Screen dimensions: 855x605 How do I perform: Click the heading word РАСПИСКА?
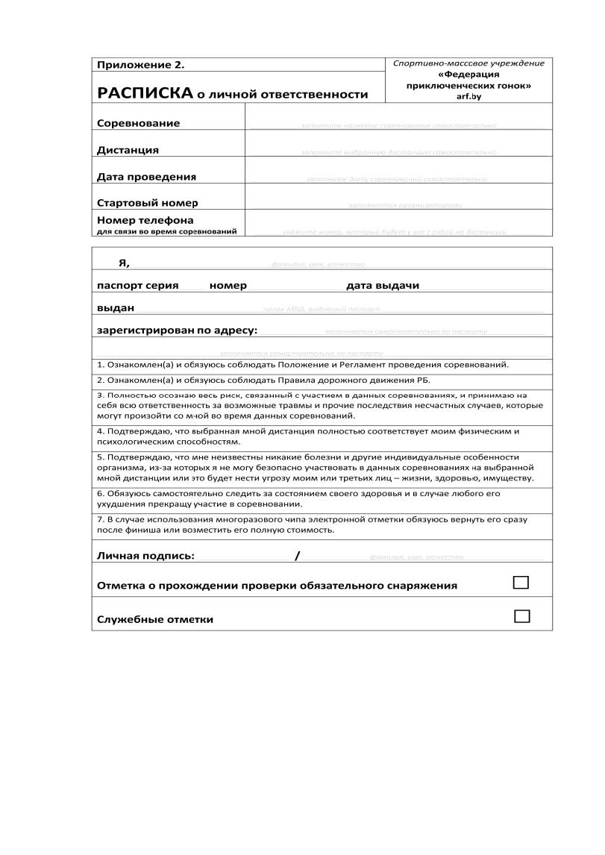point(143,94)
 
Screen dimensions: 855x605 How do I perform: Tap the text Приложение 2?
point(140,65)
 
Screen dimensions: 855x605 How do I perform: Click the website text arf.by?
point(468,96)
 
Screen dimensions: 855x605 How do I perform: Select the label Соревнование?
point(138,123)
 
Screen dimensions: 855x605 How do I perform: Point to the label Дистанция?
point(128,150)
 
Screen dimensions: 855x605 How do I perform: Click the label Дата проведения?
point(146,177)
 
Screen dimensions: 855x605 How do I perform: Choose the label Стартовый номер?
point(147,203)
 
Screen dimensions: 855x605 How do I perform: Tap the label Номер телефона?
point(145,220)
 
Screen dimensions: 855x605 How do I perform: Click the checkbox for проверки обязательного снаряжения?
point(521,583)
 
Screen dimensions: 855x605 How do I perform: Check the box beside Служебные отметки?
point(522,616)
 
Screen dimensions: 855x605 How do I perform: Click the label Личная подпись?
point(145,556)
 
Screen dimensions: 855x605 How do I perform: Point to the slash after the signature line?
point(297,556)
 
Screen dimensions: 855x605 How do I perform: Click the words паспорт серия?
point(137,286)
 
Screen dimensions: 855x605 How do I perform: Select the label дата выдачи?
point(383,286)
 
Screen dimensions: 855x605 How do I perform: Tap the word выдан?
point(116,307)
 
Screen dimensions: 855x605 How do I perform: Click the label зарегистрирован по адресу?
point(177,330)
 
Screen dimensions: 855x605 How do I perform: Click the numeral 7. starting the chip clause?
point(101,519)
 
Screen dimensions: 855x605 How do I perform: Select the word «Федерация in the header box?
point(468,75)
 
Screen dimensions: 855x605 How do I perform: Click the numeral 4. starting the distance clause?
point(101,431)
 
